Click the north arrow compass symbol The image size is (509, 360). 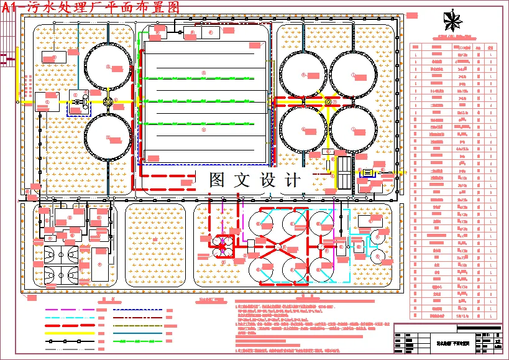point(454,21)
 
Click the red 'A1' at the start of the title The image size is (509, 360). point(12,7)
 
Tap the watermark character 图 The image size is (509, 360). point(217,180)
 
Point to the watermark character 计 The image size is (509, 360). point(291,180)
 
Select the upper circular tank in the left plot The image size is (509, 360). point(108,67)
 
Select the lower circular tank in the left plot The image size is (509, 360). point(108,136)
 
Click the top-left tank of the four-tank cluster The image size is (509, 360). point(304,75)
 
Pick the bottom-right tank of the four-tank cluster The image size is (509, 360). point(353,129)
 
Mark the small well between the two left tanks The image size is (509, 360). point(108,101)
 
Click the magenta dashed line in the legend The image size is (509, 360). point(70,309)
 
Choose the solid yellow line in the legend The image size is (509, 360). point(70,333)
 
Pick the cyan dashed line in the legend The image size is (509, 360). point(70,316)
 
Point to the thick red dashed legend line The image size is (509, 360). point(70,325)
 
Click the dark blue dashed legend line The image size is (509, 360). point(138,309)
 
